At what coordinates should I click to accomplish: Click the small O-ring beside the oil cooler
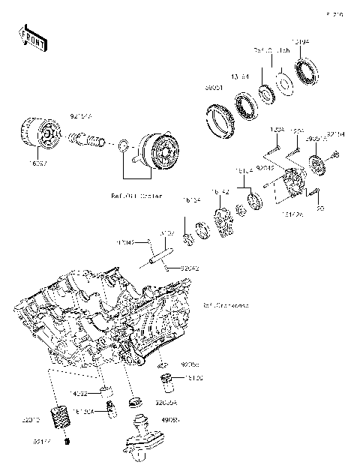[x=121, y=144]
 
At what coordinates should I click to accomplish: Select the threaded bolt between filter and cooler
[x=86, y=139]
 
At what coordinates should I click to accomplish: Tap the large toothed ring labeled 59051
[x=220, y=122]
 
